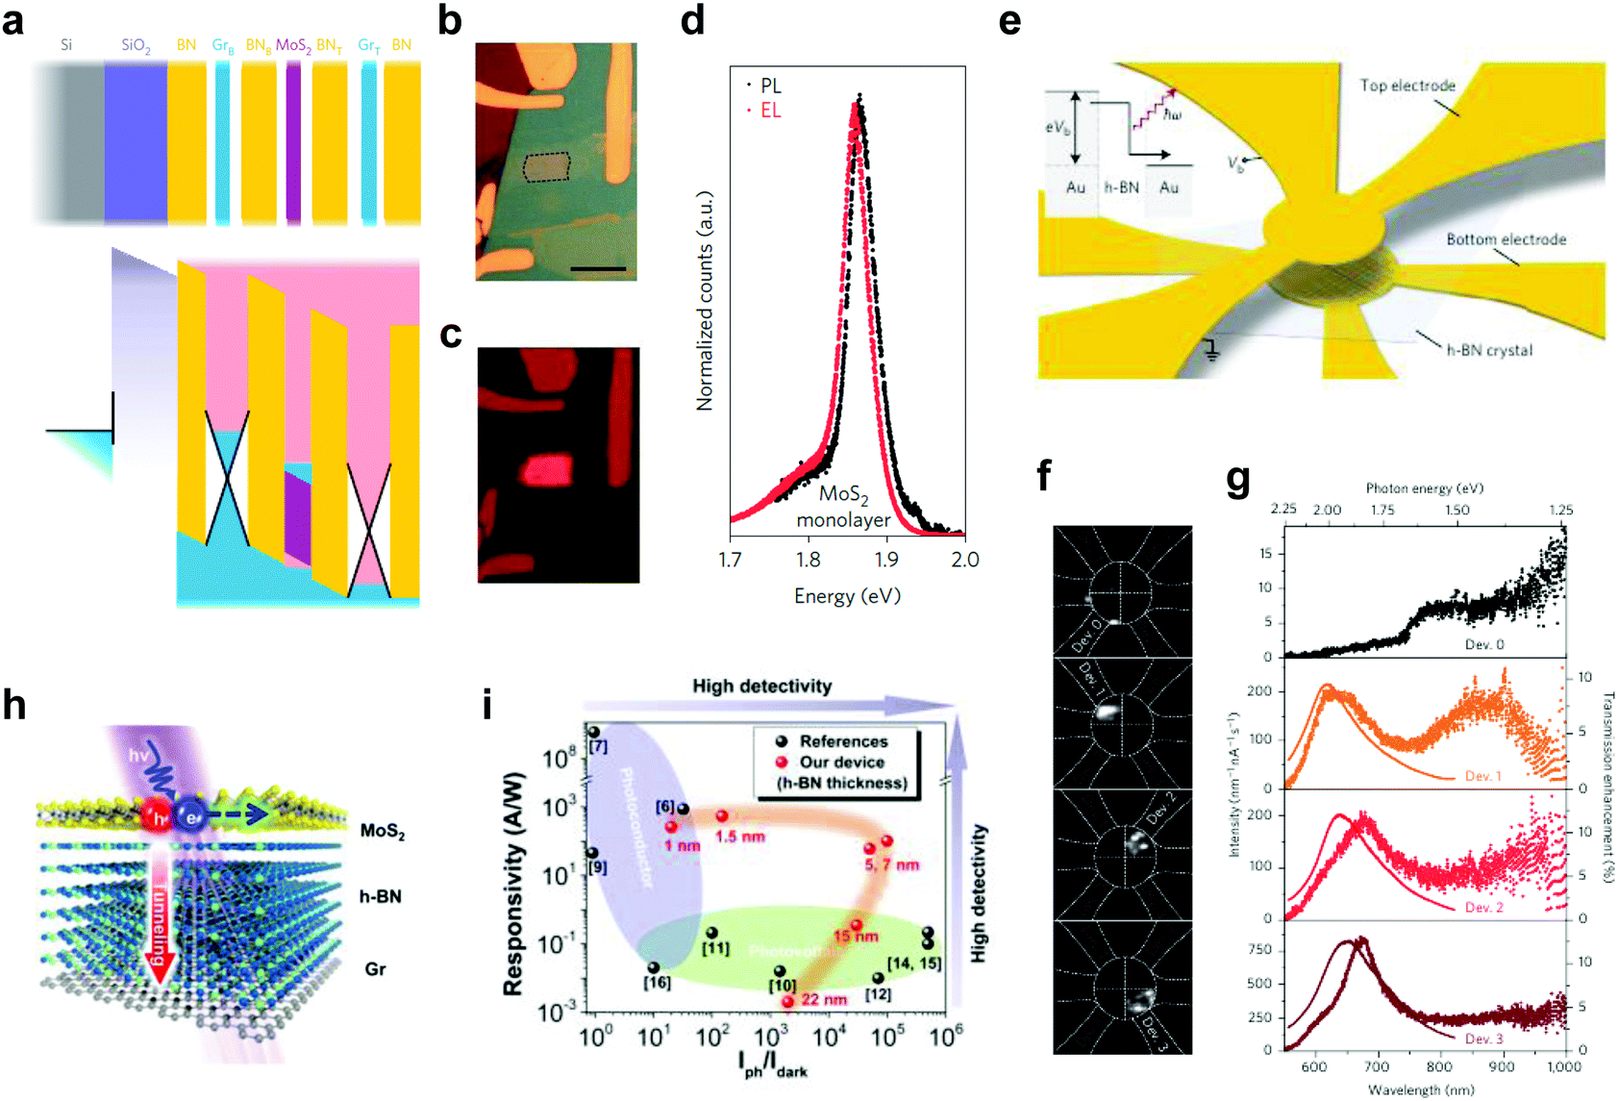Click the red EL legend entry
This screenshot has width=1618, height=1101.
click(770, 111)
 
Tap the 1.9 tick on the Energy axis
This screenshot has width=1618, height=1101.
click(885, 560)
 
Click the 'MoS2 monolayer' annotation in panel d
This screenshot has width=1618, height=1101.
click(843, 507)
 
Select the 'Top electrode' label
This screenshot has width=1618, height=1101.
click(1406, 86)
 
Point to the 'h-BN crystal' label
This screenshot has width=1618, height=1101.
click(1489, 350)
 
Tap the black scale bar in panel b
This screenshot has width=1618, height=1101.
click(598, 268)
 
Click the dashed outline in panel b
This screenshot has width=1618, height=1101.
click(547, 167)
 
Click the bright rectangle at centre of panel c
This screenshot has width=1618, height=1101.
click(546, 470)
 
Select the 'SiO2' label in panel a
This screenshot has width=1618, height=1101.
click(136, 45)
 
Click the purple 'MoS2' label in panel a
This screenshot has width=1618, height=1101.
click(292, 45)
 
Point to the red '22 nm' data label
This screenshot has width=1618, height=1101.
click(824, 999)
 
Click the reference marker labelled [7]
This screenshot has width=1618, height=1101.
click(593, 733)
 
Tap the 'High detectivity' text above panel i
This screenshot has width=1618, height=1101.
click(761, 686)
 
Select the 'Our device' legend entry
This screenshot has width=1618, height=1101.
click(841, 763)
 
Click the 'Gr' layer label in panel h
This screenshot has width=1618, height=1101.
click(375, 969)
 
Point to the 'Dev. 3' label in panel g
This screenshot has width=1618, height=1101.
click(1483, 1039)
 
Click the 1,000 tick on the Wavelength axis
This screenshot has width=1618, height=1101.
click(1564, 1066)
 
